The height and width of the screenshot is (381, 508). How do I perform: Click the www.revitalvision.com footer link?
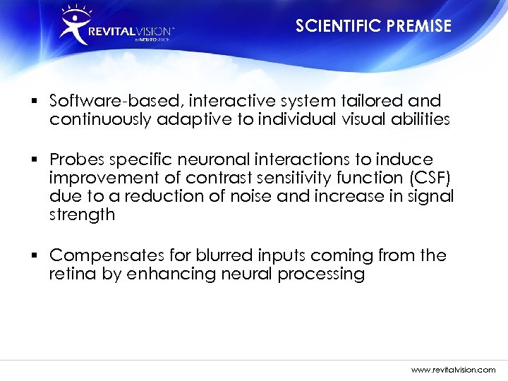(453, 369)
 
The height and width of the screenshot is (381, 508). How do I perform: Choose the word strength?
(81, 214)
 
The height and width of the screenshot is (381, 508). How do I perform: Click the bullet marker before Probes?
(35, 159)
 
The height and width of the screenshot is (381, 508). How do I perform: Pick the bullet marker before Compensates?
(35, 255)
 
